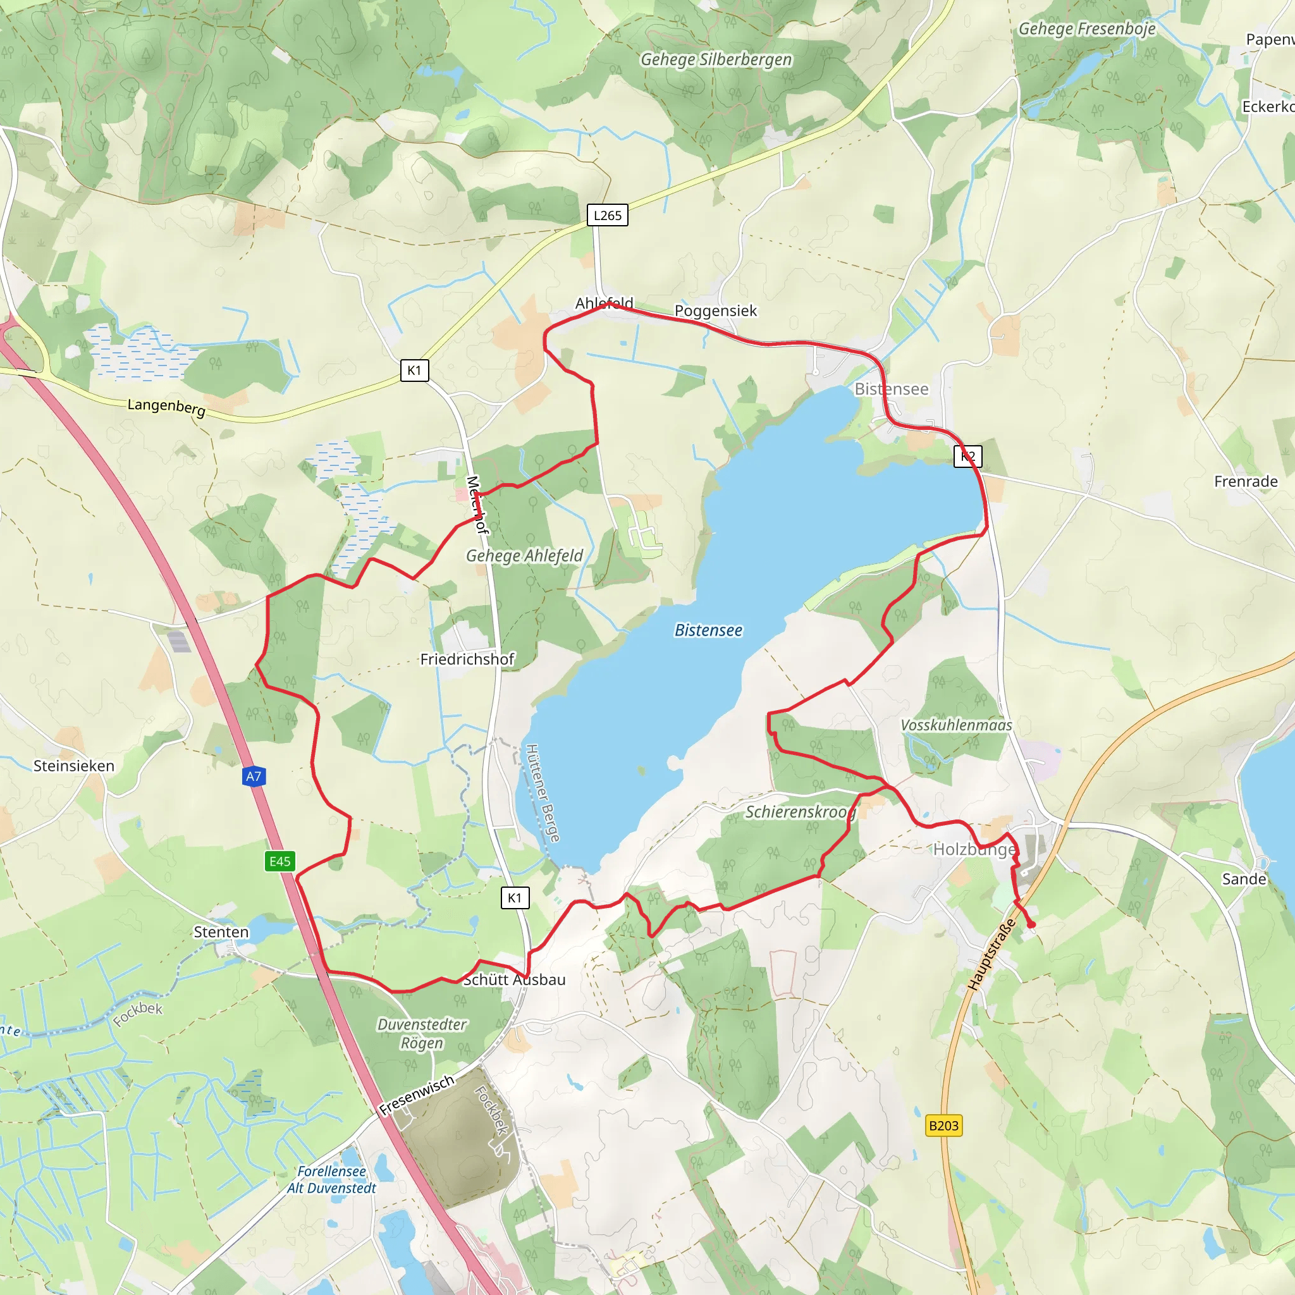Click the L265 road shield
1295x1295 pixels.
607,215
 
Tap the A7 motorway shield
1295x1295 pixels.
254,776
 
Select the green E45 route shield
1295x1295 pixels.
279,861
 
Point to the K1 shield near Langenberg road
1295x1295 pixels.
414,370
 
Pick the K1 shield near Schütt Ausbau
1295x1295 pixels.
515,897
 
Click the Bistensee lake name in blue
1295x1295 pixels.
708,630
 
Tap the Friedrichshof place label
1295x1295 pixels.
467,659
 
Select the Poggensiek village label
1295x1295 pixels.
715,310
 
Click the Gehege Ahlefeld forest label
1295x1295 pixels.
524,556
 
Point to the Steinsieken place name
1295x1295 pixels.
74,766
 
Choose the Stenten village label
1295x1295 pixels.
221,931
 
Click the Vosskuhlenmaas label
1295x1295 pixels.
956,725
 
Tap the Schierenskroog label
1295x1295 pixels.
801,812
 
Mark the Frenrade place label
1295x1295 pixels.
1246,481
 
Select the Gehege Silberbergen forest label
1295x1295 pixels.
716,59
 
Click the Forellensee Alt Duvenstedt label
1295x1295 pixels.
331,1180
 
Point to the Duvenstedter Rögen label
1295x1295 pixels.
422,1034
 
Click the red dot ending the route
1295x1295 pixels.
1031,925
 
